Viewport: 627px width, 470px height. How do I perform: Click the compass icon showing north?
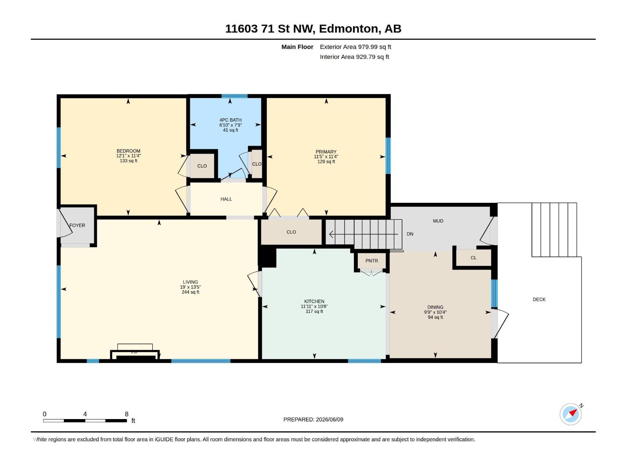pyautogui.click(x=571, y=414)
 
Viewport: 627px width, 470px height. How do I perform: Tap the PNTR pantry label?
pyautogui.click(x=371, y=261)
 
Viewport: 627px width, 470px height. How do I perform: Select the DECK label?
pyautogui.click(x=539, y=299)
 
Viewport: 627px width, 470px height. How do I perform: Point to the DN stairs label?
pyautogui.click(x=410, y=234)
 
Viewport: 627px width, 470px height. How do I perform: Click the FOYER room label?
pyautogui.click(x=77, y=226)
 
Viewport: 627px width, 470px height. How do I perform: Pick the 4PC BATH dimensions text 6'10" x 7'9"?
pyautogui.click(x=230, y=125)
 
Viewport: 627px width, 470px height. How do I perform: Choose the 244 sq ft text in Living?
pyautogui.click(x=190, y=292)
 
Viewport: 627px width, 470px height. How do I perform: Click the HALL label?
pyautogui.click(x=226, y=199)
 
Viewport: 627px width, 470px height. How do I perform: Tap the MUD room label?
pyautogui.click(x=438, y=221)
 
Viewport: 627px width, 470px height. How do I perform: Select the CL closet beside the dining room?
pyautogui.click(x=474, y=258)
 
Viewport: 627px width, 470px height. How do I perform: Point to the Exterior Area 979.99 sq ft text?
pyautogui.click(x=355, y=47)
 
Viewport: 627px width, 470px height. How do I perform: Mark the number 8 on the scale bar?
pyautogui.click(x=127, y=414)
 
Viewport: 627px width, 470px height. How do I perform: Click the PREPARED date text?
pyautogui.click(x=313, y=419)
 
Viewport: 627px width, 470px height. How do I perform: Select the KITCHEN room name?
pyautogui.click(x=314, y=301)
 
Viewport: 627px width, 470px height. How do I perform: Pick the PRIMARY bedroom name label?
pyautogui.click(x=326, y=152)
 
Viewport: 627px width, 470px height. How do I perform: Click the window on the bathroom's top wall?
pyautogui.click(x=234, y=96)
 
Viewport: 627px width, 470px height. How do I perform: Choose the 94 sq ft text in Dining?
pyautogui.click(x=435, y=317)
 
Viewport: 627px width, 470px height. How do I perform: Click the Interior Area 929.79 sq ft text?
pyautogui.click(x=355, y=57)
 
